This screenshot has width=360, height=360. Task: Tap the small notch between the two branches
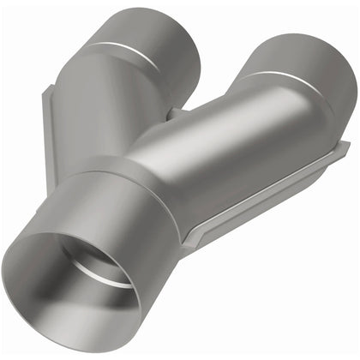pyautogui.click(x=176, y=112)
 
